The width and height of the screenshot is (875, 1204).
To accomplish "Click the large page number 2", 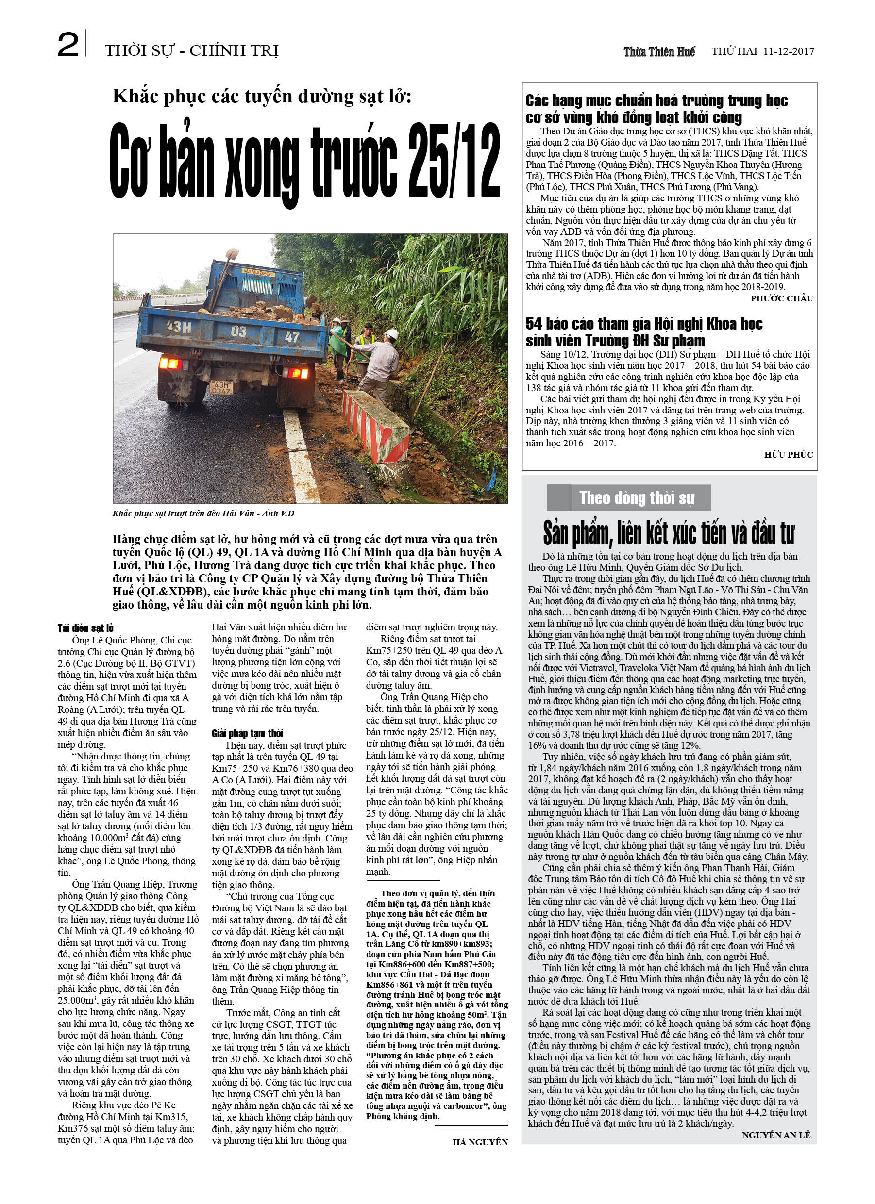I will pyautogui.click(x=68, y=46).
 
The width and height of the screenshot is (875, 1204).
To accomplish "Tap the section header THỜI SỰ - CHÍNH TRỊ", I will pyautogui.click(x=192, y=51).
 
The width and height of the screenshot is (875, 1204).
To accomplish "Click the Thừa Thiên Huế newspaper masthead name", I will pyautogui.click(x=659, y=51).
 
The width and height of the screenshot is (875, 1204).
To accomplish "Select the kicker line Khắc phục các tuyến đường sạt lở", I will pyautogui.click(x=262, y=97).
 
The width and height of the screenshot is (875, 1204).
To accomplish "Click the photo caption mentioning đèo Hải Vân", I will pyautogui.click(x=203, y=513).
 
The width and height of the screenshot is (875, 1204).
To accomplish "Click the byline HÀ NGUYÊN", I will pyautogui.click(x=480, y=1142).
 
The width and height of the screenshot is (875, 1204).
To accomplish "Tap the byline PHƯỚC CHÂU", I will pyautogui.click(x=781, y=298).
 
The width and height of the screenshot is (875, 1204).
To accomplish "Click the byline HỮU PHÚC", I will pyautogui.click(x=789, y=454).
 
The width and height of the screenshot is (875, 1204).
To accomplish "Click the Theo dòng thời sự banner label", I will pyautogui.click(x=637, y=498).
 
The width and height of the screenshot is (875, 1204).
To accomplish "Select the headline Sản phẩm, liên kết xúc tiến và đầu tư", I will pyautogui.click(x=669, y=534).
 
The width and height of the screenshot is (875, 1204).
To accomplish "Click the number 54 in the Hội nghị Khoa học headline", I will pyautogui.click(x=535, y=323).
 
